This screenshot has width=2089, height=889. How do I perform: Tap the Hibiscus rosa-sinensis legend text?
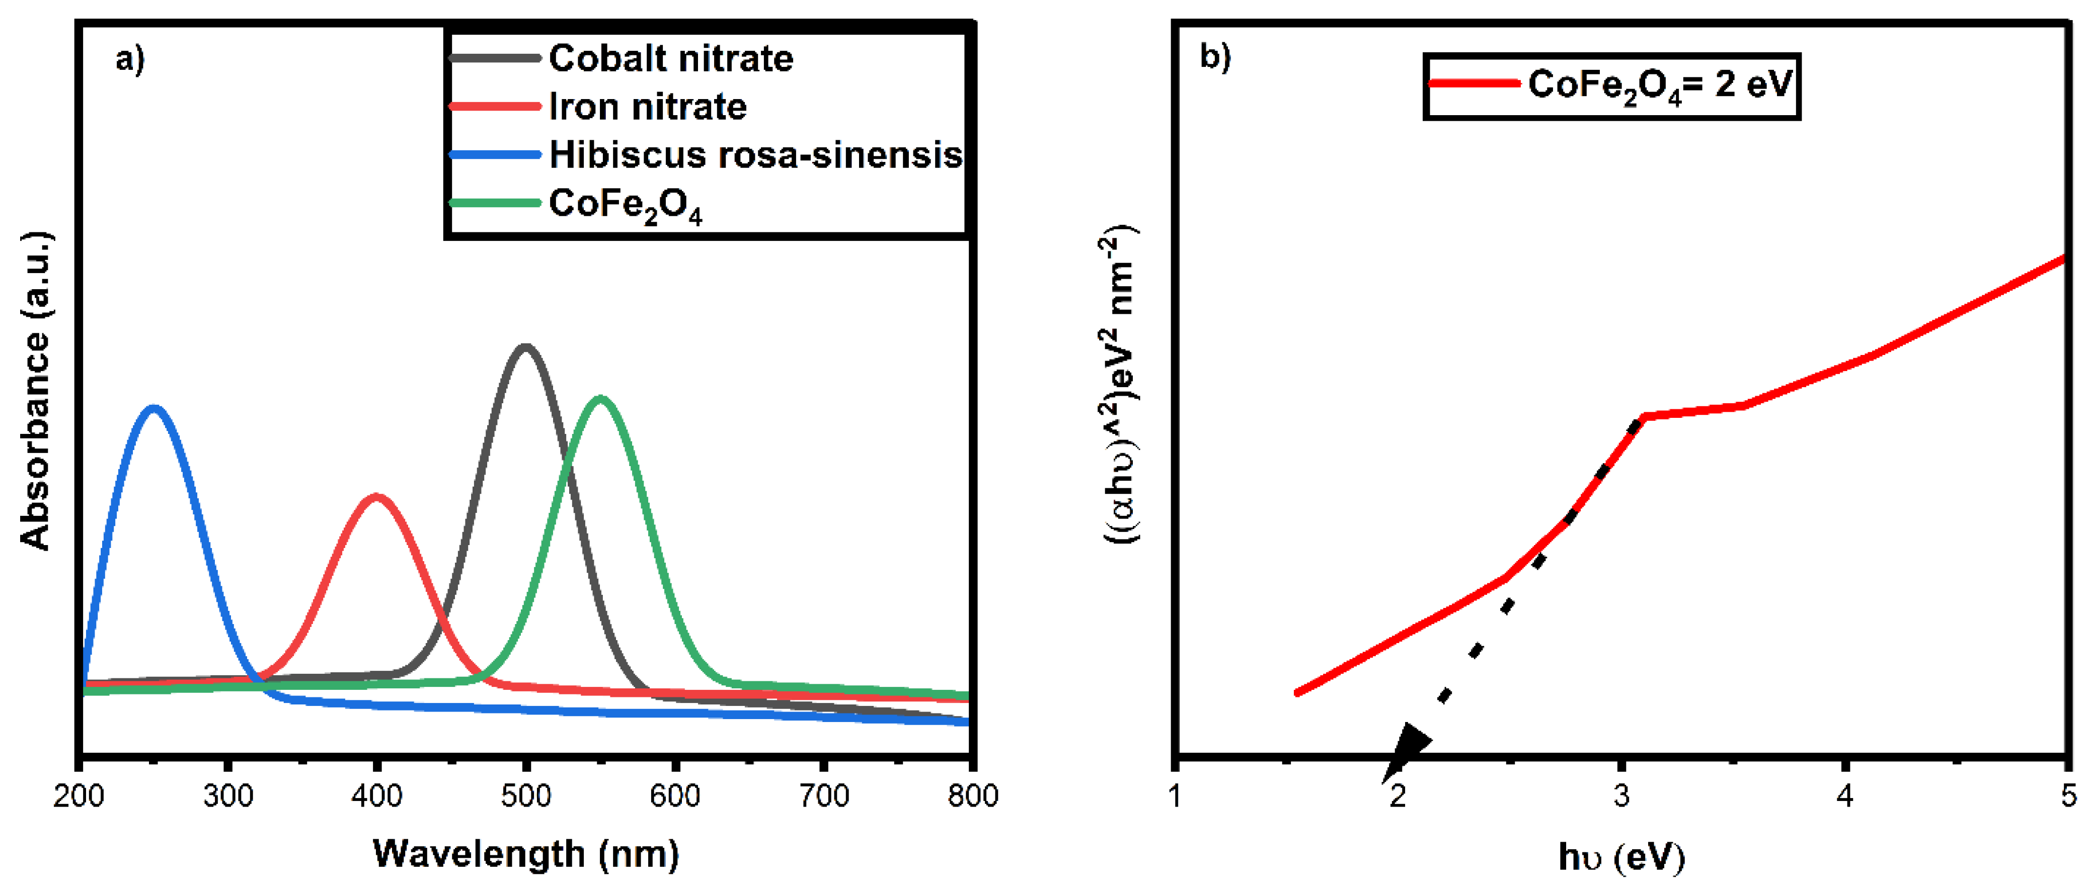pos(755,155)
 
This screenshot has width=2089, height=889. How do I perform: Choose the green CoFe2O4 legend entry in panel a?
pos(625,204)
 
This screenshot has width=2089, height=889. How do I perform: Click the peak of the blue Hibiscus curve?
pos(153,408)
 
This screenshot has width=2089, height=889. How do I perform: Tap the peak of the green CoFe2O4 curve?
pos(600,399)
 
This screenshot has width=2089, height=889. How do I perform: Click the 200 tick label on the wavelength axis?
pos(79,796)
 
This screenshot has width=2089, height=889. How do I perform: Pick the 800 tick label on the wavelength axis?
pos(972,796)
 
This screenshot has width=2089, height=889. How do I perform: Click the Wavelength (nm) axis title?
pos(525,853)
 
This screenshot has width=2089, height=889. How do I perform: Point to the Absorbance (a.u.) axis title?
pos(36,391)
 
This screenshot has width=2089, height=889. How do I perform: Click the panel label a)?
pos(130,59)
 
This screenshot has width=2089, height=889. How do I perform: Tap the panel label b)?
pos(1215,57)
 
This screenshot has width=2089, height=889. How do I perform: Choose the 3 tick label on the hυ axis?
pos(1621,796)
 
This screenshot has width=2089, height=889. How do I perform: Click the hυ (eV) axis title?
pos(1621,857)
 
